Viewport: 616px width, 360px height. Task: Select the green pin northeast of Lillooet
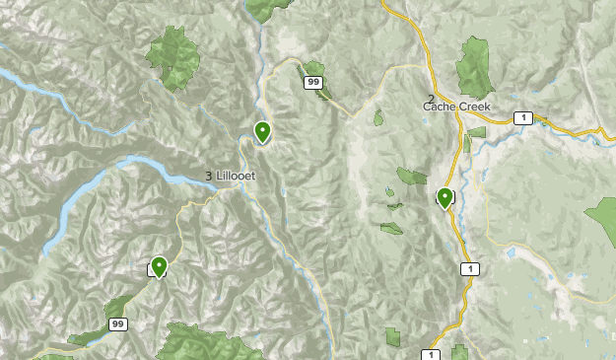[x=263, y=131]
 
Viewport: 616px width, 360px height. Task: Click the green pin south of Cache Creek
[x=445, y=198]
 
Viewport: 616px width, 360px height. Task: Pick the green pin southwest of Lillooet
[x=158, y=266]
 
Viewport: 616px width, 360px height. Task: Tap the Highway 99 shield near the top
[x=313, y=83]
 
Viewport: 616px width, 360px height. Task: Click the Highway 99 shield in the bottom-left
[x=117, y=324]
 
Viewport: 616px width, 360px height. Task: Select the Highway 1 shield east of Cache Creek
[x=522, y=118]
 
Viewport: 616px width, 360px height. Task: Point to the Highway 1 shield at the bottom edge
[x=430, y=354]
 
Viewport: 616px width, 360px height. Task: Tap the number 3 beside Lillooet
[x=209, y=176]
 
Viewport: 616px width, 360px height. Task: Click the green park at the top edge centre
[x=263, y=8]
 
